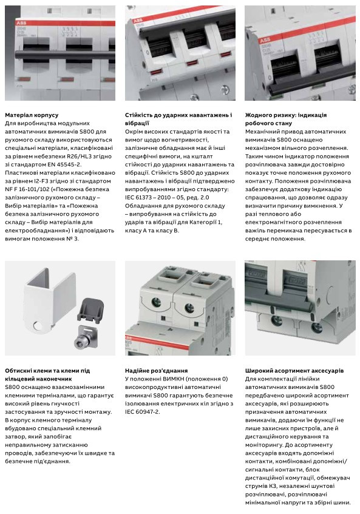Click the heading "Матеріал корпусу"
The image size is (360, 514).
point(32,114)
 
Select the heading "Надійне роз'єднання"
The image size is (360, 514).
point(156,370)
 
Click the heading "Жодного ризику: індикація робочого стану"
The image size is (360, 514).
point(285,118)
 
